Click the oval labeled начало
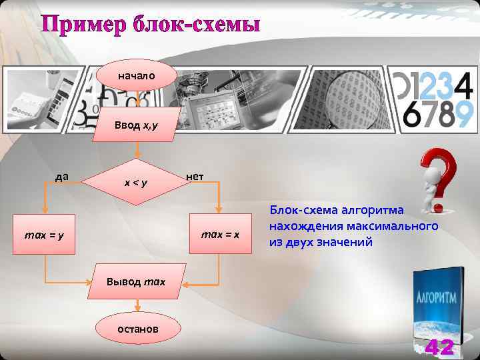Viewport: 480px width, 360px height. click(x=137, y=76)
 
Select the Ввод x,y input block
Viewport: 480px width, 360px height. click(x=136, y=125)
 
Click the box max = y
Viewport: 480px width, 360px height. click(x=45, y=235)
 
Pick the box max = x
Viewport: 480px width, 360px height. click(x=219, y=235)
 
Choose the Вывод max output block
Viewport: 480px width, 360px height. click(x=136, y=282)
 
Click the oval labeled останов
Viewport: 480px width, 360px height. click(x=137, y=329)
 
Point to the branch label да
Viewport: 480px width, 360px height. click(x=62, y=177)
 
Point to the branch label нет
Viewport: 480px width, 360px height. click(x=195, y=177)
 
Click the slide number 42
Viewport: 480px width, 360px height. click(x=439, y=347)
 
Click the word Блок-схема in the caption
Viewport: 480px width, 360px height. click(x=301, y=211)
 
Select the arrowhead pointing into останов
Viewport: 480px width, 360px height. click(x=137, y=309)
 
